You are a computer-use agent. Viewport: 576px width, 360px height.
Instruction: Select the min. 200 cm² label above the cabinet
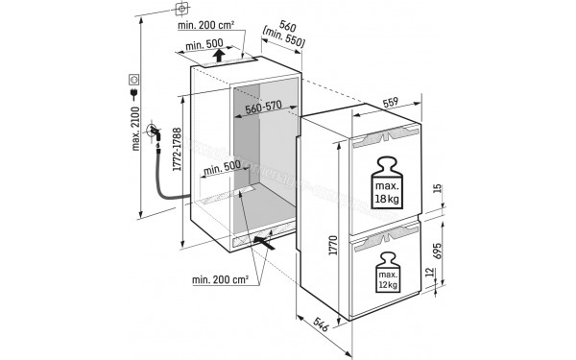point(208,27)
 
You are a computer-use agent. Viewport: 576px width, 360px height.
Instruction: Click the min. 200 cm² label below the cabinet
point(224,279)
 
